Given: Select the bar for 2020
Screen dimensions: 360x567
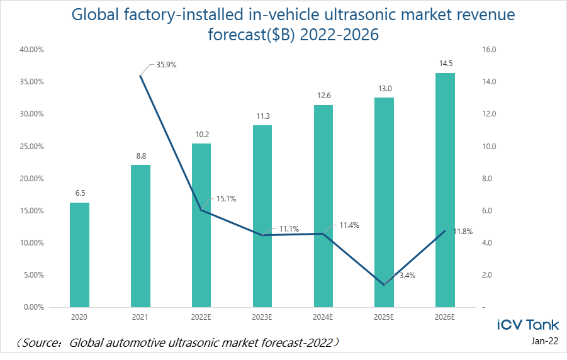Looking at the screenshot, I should click(79, 255).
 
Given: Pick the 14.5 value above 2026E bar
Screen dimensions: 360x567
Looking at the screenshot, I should click(445, 63).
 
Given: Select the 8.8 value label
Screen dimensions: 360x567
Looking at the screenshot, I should click(140, 155).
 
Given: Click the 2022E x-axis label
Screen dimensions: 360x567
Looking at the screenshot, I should click(201, 317).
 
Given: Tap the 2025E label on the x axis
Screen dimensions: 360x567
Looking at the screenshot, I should click(384, 317).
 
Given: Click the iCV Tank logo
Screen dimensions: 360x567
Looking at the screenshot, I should click(528, 325).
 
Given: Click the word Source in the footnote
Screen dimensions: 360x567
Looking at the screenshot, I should click(42, 343).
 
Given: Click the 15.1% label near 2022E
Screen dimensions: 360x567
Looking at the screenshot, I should click(226, 199).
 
